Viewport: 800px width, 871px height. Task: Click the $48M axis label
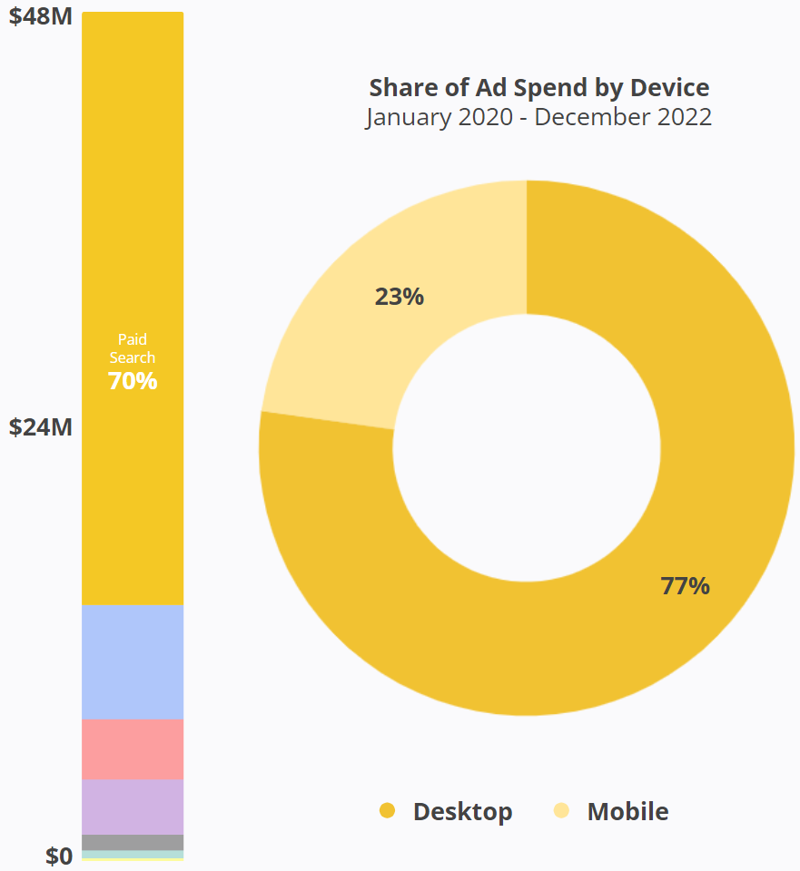(40, 17)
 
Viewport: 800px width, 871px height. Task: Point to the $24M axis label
(40, 426)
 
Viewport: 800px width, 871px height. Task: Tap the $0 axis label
(58, 856)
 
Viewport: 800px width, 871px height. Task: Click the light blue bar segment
(133, 662)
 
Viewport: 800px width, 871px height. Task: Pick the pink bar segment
(133, 749)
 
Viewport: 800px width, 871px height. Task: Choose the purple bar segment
(133, 807)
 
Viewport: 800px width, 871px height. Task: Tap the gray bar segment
(133, 842)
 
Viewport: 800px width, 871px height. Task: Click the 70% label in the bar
(133, 381)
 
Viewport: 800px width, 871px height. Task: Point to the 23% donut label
(400, 297)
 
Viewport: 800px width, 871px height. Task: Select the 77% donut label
(685, 586)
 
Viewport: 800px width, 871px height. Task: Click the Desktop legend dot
(388, 810)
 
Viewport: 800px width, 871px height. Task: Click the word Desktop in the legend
(462, 811)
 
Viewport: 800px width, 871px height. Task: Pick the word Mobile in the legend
(627, 811)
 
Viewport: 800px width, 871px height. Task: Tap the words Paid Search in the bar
(133, 348)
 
